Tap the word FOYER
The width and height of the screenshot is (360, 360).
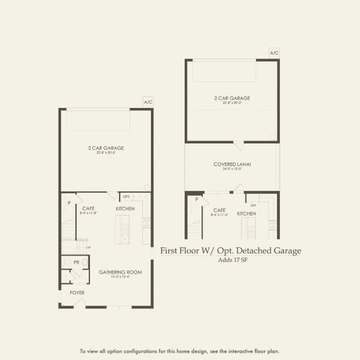click(77, 293)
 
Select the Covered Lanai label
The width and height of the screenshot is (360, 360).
click(232, 164)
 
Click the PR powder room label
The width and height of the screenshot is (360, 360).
click(77, 262)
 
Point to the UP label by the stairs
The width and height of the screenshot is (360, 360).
click(88, 247)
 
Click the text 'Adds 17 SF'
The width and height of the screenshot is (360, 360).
click(230, 260)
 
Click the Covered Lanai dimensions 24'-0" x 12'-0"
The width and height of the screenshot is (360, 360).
click(232, 169)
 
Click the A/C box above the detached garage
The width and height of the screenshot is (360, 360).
click(274, 53)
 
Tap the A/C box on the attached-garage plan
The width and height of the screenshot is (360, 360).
click(148, 103)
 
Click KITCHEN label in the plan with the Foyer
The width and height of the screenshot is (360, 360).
click(125, 208)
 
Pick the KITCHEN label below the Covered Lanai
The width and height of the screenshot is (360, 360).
click(246, 214)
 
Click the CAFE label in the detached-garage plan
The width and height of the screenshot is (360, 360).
click(218, 211)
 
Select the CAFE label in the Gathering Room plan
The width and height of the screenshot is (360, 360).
click(89, 208)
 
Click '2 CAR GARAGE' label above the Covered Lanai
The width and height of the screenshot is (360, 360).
click(232, 98)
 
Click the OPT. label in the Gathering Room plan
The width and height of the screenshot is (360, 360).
click(127, 196)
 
